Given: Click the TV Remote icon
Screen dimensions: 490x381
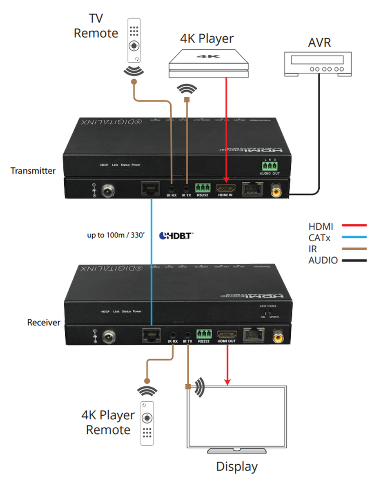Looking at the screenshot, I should click(134, 39).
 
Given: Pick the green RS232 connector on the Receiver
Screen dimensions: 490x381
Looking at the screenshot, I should click(203, 334).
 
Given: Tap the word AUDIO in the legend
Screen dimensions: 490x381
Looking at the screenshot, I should click(323, 261).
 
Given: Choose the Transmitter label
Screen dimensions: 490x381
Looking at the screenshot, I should click(33, 171).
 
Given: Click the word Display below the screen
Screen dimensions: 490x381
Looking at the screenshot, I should click(237, 467).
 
